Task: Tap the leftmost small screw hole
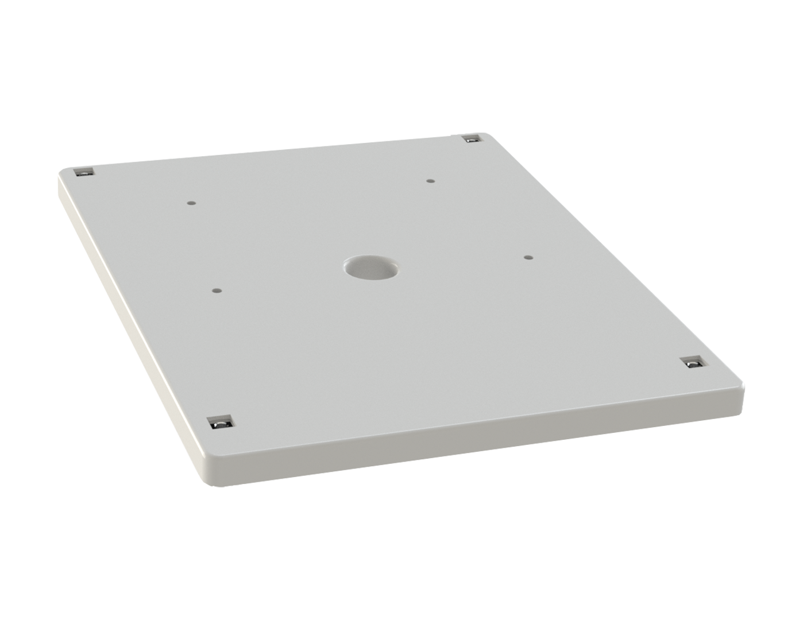pos(191,202)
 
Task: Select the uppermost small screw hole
pos(430,181)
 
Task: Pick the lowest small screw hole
pos(215,290)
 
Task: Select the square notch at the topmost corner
pos(472,139)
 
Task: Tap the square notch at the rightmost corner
pos(693,363)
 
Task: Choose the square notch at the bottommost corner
pos(219,423)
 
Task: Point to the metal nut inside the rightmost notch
pos(694,365)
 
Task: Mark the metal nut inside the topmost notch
pos(473,140)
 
